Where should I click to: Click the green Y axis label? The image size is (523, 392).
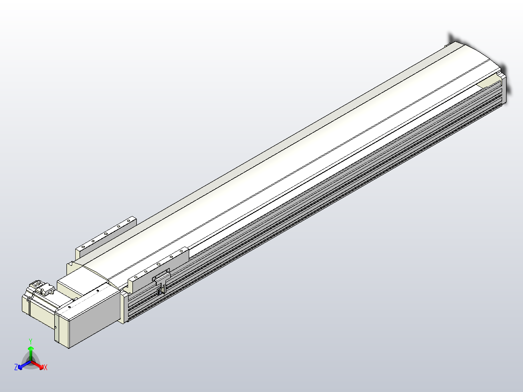click(30, 341)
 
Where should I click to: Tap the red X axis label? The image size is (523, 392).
click(46, 368)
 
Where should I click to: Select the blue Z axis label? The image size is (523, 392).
click(16, 367)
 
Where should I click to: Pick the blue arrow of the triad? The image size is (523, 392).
click(21, 365)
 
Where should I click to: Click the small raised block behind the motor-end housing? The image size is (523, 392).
click(71, 283)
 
